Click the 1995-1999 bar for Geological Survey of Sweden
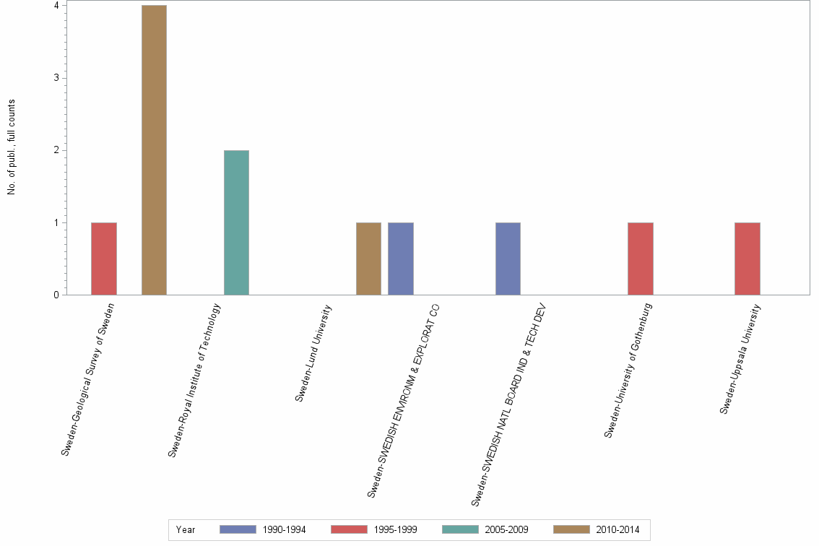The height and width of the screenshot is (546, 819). tap(104, 259)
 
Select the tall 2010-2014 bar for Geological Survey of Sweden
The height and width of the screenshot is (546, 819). tap(154, 150)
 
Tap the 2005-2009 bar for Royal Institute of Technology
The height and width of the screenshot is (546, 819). tap(236, 222)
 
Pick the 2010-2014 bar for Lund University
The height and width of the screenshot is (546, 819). tap(368, 259)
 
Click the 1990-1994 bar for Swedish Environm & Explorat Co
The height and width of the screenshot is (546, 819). tap(401, 259)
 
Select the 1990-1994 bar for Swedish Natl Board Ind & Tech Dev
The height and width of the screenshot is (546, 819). tap(508, 259)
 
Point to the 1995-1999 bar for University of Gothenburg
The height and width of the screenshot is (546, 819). tap(641, 259)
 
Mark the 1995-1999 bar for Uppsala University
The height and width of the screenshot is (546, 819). tap(747, 259)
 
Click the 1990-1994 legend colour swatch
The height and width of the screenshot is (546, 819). tap(238, 529)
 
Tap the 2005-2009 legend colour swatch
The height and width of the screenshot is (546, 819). tap(460, 529)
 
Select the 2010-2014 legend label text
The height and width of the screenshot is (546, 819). tap(618, 529)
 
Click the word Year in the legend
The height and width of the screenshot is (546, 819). tap(186, 529)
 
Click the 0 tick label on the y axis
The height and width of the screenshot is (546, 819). tap(56, 295)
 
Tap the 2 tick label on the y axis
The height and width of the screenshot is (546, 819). tap(56, 150)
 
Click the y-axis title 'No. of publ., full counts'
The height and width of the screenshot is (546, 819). tap(12, 147)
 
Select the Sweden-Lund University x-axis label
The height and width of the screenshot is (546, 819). tap(313, 352)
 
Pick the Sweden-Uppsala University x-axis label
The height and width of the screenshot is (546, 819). tap(740, 358)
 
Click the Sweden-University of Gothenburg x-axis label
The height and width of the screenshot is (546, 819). tap(628, 370)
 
